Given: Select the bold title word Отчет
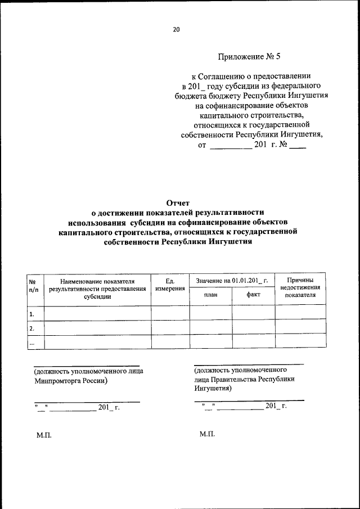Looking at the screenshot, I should [x=178, y=203].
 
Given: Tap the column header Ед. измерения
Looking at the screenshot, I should [x=170, y=284].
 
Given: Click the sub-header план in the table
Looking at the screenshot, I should [x=210, y=294].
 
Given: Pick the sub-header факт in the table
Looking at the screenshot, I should [x=253, y=294].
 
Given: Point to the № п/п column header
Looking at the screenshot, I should [x=33, y=284].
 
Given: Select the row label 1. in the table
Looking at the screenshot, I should [x=32, y=313].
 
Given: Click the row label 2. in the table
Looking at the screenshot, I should [x=32, y=327].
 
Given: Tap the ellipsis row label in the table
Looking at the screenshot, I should [x=32, y=342].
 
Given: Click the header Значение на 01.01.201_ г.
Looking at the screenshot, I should [x=232, y=280].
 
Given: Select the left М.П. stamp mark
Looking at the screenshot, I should [x=44, y=435].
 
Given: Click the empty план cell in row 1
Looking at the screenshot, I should [x=210, y=313].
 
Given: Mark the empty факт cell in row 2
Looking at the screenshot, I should [x=253, y=327].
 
